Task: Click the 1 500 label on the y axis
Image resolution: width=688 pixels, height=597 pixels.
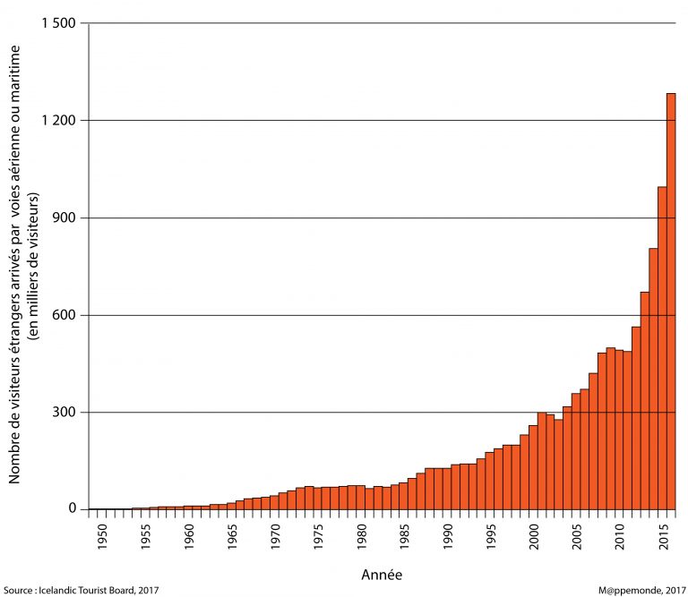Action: (x=57, y=23)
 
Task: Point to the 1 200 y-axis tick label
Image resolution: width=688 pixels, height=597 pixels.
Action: (x=57, y=121)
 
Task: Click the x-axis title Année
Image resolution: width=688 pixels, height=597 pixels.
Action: (x=382, y=573)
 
